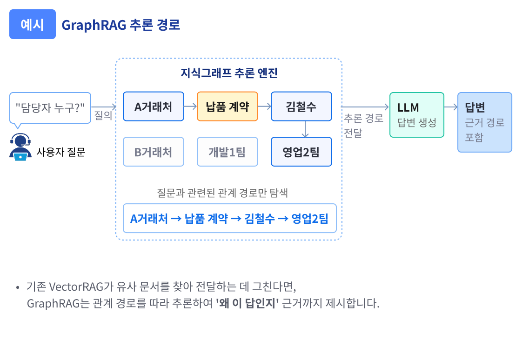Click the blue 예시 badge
[33, 24]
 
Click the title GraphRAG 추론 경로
[120, 25]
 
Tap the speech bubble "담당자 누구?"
[50, 107]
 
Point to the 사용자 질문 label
[61, 152]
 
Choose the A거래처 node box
[154, 107]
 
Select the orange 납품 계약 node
[228, 107]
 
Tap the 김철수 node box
[301, 107]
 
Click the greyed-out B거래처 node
[154, 152]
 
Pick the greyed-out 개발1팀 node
[228, 152]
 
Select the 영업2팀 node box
[301, 152]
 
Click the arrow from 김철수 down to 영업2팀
[305, 129]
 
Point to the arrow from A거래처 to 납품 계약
[190, 107]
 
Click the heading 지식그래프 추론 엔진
[228, 73]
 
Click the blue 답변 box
[484, 122]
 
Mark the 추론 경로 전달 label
[363, 125]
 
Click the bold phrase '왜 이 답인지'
[247, 304]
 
